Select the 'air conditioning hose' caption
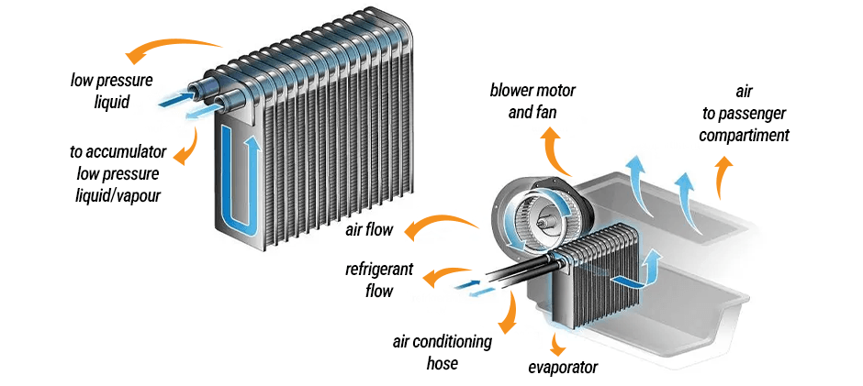coord(442,352)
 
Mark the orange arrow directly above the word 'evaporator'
coord(557,343)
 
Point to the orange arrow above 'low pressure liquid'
coord(174,45)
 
